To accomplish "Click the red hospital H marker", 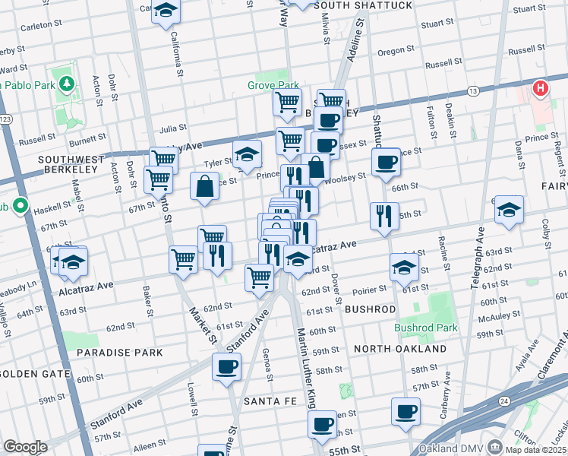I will pos(540,89).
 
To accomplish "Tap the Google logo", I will pos(25,447).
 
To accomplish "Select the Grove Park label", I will pos(273,86).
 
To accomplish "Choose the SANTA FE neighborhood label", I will pos(263,401).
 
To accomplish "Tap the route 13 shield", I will pos(473,91).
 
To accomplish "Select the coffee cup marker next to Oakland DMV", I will pos(405,411).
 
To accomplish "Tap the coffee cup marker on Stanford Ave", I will pos(226,367).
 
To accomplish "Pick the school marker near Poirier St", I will pos(404,266).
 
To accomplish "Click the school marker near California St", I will pos(165,11).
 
